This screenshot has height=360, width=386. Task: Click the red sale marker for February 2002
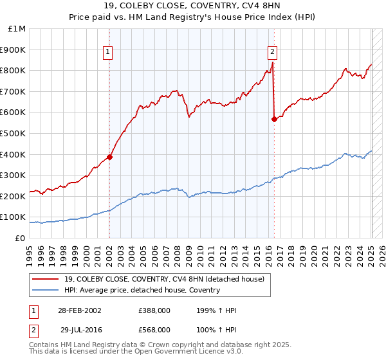[110, 156]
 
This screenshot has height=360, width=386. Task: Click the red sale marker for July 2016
[275, 118]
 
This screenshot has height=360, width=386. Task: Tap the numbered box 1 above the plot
[107, 53]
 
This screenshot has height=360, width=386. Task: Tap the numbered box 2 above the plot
[272, 53]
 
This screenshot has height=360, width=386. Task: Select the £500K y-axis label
[14, 133]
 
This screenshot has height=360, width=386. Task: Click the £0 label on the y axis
[20, 238]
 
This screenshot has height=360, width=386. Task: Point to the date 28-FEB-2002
[80, 310]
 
